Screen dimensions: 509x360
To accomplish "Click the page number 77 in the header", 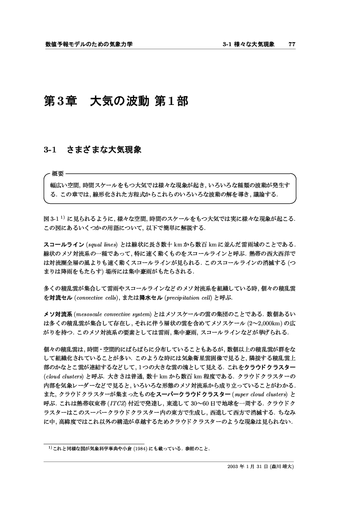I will (292, 44).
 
